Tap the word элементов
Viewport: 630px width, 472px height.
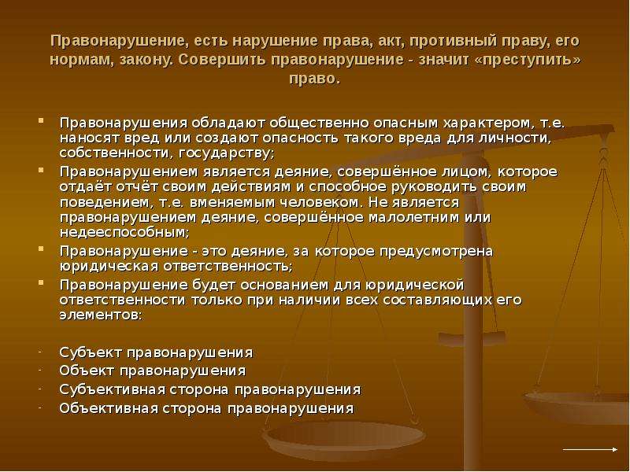pos(101,315)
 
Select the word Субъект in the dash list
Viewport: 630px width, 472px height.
pos(91,352)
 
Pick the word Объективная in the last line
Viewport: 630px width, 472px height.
pos(109,408)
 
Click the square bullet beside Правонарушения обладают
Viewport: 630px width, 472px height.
pos(41,120)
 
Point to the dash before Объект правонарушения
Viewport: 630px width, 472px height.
pos(40,370)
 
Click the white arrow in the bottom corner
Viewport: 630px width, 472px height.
pos(590,449)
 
